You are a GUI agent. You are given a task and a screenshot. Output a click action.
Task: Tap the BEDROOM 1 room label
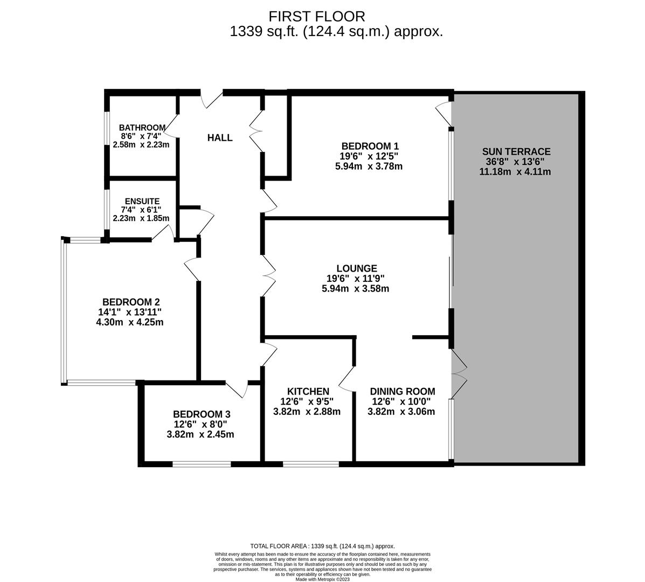coord(370,146)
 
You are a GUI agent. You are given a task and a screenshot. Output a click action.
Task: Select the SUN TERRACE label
coord(516,151)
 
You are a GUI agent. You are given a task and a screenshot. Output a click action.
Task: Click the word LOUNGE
coord(356,268)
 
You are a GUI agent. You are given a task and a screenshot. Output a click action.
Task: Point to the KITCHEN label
coord(308,391)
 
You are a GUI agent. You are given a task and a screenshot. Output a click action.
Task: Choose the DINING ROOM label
coord(402,391)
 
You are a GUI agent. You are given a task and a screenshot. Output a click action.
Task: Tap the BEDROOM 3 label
coord(202,414)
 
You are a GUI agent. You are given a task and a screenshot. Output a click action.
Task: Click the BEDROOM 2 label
coord(131,302)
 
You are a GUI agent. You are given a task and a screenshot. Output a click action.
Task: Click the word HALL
coord(220,138)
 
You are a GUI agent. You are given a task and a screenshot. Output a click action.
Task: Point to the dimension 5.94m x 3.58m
coord(355,289)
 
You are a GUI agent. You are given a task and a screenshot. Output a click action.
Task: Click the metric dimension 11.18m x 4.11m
coord(515,172)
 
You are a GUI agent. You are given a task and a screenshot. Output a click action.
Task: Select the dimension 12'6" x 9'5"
coord(307,401)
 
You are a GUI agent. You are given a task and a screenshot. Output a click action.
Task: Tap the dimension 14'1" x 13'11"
coord(130,312)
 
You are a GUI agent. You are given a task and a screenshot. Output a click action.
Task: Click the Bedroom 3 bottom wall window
coord(202,463)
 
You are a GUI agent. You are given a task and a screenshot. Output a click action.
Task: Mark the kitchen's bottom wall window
coord(311,463)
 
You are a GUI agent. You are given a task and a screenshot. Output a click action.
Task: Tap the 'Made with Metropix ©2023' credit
coord(322,579)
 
